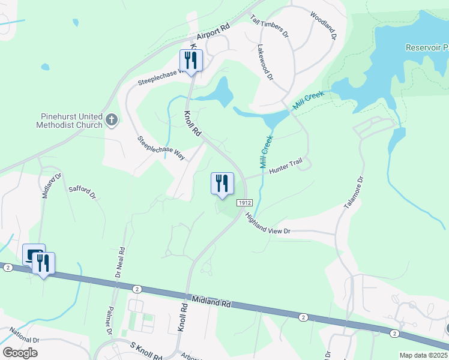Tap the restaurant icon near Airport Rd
[191, 61]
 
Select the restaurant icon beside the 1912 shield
[222, 183]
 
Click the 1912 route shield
[243, 203]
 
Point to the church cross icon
[111, 121]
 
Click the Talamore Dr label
[354, 193]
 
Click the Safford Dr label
[82, 192]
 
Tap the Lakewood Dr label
[265, 62]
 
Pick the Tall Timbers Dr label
[270, 26]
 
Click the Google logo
[20, 353]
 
